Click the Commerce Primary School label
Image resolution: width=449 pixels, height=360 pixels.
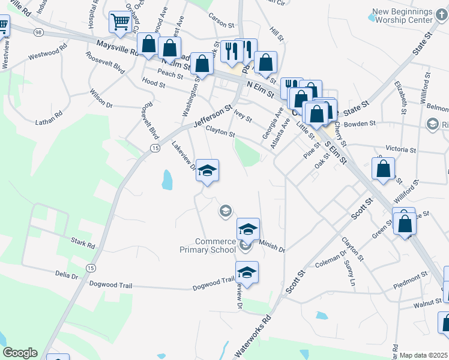point(208,245)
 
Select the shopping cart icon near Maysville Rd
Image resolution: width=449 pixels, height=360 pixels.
point(121,22)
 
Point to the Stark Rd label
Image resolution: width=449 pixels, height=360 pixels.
point(83,245)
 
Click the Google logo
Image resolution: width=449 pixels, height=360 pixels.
point(20,353)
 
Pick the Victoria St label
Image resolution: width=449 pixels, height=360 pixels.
point(400,149)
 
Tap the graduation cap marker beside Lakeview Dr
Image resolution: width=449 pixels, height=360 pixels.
point(207,171)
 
